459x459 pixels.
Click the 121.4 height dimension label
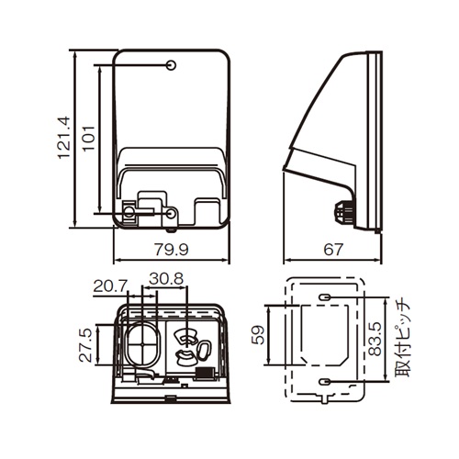[x=64, y=138]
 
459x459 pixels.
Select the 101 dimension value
[x=89, y=138]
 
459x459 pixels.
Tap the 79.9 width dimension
[x=172, y=250]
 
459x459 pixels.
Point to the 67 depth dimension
[x=333, y=250]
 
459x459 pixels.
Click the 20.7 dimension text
[x=110, y=286]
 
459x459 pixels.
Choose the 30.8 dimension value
[x=166, y=279]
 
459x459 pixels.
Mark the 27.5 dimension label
[x=85, y=345]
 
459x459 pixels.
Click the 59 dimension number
[x=258, y=335]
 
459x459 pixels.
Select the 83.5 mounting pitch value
[x=375, y=339]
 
